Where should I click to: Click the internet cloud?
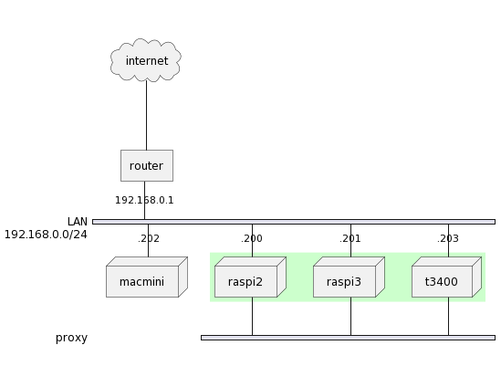[146, 60]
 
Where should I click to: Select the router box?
[147, 165]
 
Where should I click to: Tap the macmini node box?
[147, 277]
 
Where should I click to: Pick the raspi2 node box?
[250, 277]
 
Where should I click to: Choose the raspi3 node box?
[349, 277]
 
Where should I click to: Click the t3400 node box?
[446, 277]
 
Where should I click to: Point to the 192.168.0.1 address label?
[144, 201]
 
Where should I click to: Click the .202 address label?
[149, 239]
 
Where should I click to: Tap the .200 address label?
[252, 239]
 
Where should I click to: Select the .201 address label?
[350, 239]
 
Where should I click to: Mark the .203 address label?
[448, 239]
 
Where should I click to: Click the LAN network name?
[78, 222]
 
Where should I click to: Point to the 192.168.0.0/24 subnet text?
[46, 235]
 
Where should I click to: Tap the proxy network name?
[71, 338]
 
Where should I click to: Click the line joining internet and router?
[147, 115]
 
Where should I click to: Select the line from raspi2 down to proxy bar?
[253, 317]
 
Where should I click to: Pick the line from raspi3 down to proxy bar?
[350, 317]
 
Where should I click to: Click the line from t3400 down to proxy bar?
[449, 317]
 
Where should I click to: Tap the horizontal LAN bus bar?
[294, 222]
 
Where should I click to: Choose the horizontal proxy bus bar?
[349, 338]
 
